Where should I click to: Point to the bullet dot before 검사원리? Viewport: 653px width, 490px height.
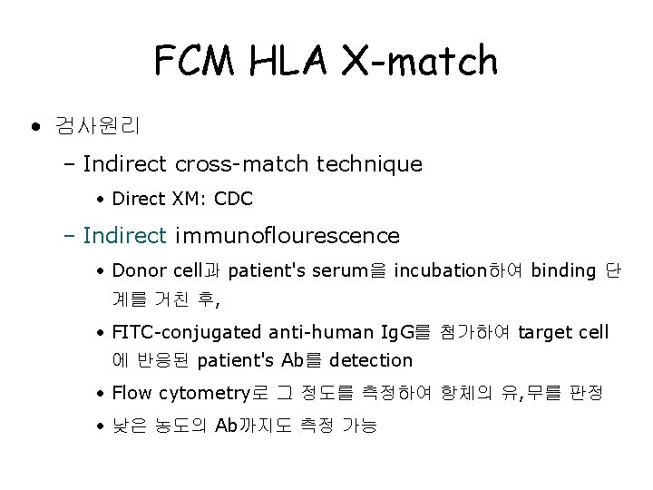tap(35, 125)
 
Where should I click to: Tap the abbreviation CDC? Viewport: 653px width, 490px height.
tap(234, 198)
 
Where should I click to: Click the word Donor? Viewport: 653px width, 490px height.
tap(135, 269)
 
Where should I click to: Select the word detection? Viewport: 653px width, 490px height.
tap(371, 360)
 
